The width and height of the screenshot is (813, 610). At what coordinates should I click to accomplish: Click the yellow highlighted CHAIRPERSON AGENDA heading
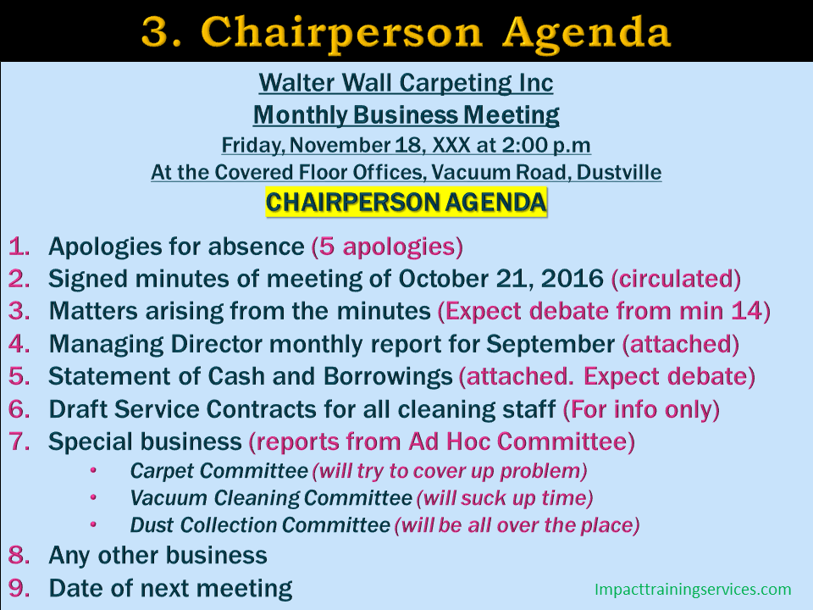coord(406,202)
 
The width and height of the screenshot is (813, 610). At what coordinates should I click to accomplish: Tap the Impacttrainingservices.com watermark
coord(693,590)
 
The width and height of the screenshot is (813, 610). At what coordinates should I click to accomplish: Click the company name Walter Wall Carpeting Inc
coord(406,83)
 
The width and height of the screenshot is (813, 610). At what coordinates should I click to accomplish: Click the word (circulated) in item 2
coord(676,279)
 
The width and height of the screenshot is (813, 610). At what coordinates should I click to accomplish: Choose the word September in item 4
coord(550,345)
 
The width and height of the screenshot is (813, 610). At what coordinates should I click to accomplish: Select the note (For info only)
coord(641,410)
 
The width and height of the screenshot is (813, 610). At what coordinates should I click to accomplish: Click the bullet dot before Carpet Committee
coord(93,470)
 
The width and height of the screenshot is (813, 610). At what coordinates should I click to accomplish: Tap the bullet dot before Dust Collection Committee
coord(93,524)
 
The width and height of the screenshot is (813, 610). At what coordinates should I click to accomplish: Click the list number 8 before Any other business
coord(19,555)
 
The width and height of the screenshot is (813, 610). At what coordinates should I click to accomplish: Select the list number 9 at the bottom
coord(19,588)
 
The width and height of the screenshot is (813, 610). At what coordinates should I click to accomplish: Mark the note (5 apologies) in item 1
coord(387,247)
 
